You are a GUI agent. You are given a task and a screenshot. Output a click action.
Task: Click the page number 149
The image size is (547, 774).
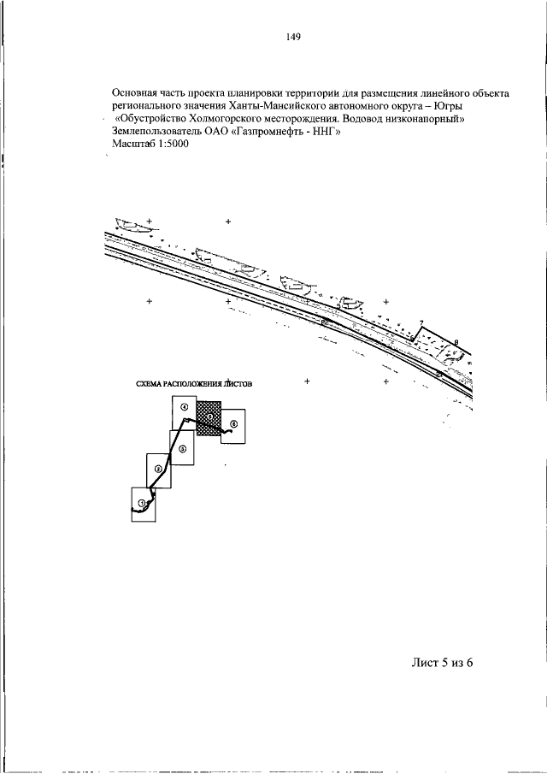pos(295,37)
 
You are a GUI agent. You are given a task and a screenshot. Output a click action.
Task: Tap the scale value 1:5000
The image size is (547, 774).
pos(170,144)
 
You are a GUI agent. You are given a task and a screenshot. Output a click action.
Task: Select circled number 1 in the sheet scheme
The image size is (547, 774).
pos(142,502)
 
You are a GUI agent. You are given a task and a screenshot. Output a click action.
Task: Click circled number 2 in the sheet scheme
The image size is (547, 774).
pos(158,469)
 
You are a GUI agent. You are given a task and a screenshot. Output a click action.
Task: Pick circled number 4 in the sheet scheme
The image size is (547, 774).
pos(185,408)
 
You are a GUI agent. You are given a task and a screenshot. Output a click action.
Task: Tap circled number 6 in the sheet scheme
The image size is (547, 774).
pos(233,424)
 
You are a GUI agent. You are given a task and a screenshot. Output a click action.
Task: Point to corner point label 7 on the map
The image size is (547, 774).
pos(420,322)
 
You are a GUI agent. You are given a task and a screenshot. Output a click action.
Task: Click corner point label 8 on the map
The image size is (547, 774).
pos(456,343)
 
